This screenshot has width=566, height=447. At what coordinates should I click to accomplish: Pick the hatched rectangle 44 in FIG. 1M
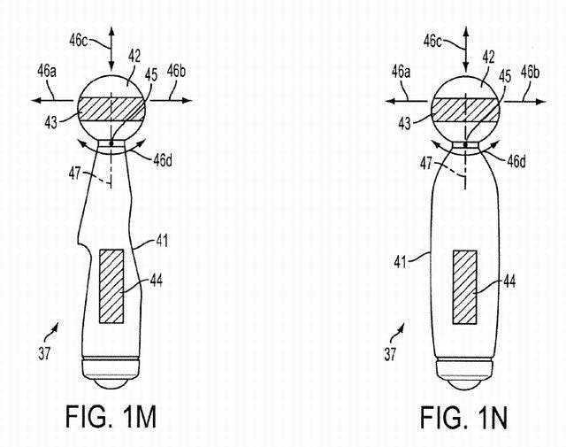(x=111, y=286)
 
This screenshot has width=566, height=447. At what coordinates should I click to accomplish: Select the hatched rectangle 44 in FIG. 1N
(x=465, y=286)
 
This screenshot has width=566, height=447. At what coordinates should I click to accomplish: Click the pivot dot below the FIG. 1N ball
(x=466, y=143)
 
